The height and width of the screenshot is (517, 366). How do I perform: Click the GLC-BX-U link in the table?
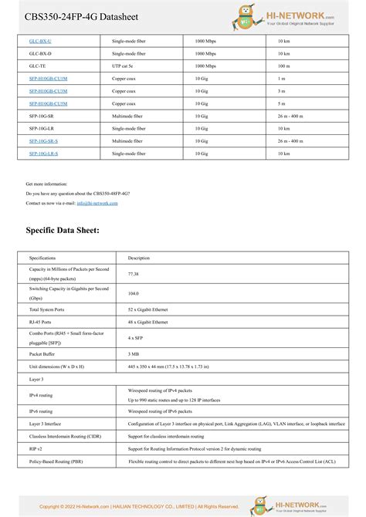tap(40, 40)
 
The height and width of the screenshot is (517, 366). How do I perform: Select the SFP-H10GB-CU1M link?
tap(48, 78)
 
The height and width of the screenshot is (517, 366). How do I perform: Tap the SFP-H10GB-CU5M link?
tap(48, 103)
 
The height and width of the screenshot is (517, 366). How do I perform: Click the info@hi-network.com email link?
tap(97, 203)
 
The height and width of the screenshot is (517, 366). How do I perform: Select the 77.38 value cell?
tap(134, 274)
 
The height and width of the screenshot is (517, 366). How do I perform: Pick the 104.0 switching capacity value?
tap(134, 293)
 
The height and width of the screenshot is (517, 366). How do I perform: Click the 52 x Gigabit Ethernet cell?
tap(147, 309)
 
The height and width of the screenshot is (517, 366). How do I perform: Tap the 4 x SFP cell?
tap(136, 337)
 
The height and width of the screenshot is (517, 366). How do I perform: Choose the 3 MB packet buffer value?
tap(134, 353)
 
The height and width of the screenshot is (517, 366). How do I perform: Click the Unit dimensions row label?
tap(56, 367)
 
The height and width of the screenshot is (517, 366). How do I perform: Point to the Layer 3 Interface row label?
tap(45, 424)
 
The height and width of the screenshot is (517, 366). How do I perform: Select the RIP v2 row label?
tap(36, 448)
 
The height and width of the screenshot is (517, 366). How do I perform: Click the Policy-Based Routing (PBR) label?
tap(56, 461)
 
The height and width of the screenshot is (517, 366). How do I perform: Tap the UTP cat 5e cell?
tap(125, 66)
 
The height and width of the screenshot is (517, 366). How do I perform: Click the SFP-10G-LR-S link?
tap(43, 154)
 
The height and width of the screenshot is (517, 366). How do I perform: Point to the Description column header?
tap(139, 258)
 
